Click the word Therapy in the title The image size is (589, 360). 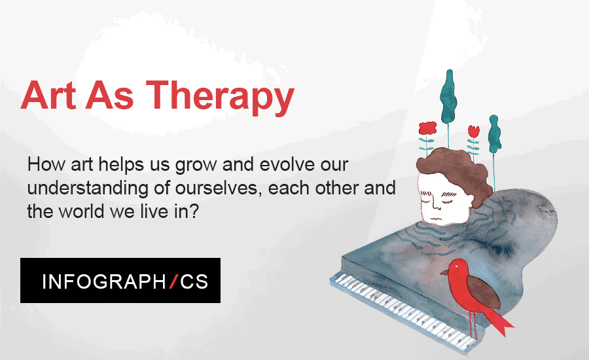pyautogui.click(x=220, y=97)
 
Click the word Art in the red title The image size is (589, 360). pyautogui.click(x=48, y=95)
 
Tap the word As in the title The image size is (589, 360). pyautogui.click(x=110, y=95)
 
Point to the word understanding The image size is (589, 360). pyautogui.click(x=88, y=189)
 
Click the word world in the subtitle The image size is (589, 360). pyautogui.click(x=81, y=211)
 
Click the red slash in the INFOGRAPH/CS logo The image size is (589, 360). pyautogui.click(x=173, y=281)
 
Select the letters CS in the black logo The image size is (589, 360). pyautogui.click(x=194, y=281)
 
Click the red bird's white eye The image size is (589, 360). pyautogui.click(x=456, y=266)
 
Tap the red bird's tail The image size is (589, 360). pyautogui.click(x=499, y=321)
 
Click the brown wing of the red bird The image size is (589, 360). pyautogui.click(x=484, y=293)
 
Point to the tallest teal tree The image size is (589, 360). pyautogui.click(x=448, y=97)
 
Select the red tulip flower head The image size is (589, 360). pyautogui.click(x=474, y=131)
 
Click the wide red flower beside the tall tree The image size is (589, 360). pyautogui.click(x=427, y=128)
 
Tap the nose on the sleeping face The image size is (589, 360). pyautogui.click(x=437, y=206)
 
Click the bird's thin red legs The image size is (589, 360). pyautogui.click(x=473, y=325)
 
